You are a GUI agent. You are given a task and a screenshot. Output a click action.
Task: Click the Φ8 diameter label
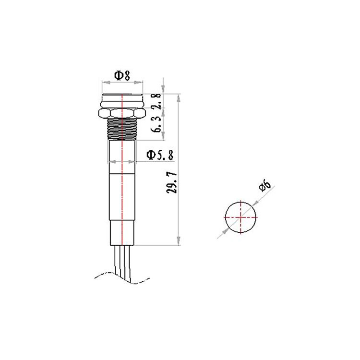pos(122,75)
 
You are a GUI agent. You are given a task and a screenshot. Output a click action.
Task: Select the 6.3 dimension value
pos(156,124)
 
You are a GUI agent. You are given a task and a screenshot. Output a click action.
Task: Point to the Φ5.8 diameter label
pos(160,155)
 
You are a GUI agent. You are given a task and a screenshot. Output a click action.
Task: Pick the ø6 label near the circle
pos(265,186)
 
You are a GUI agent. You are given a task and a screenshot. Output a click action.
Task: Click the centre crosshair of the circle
pos(240,217)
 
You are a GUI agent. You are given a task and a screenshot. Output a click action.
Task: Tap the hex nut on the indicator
pos(122,113)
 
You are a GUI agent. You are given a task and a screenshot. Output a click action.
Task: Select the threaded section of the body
pos(122,129)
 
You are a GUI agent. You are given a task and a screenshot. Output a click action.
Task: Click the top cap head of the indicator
pos(122,101)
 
